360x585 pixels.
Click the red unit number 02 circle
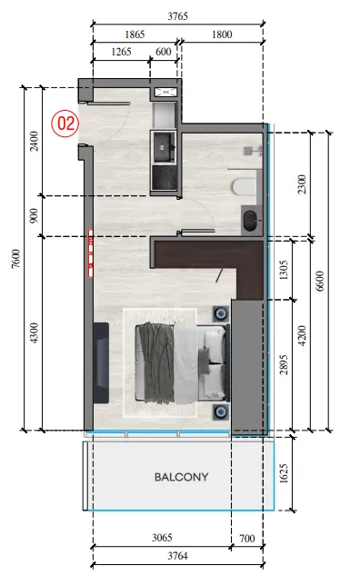[65, 124]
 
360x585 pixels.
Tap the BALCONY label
[182, 477]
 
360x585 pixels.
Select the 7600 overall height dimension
[15, 259]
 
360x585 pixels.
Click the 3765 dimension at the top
[178, 16]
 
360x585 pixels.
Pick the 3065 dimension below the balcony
[162, 538]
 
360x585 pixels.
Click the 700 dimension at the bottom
[247, 539]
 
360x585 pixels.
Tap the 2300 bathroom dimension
[302, 184]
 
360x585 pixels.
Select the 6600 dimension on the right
[320, 282]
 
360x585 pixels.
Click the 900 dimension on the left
[34, 216]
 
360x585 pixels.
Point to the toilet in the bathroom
[245, 187]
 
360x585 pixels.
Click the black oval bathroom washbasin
[251, 221]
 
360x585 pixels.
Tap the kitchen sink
[164, 146]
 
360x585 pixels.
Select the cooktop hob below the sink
[164, 178]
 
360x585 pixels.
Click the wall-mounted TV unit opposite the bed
[101, 362]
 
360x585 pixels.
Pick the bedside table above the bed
[221, 313]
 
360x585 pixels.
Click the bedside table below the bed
[221, 412]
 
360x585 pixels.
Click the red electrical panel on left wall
[90, 253]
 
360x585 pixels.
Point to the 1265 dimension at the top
[122, 52]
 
